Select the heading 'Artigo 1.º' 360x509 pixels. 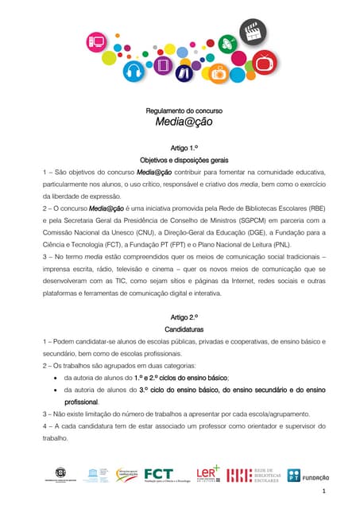point(180,148)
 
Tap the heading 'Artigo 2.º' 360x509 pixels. point(180,317)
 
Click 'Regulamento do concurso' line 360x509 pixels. point(180,111)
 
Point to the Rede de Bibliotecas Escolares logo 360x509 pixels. point(254,475)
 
